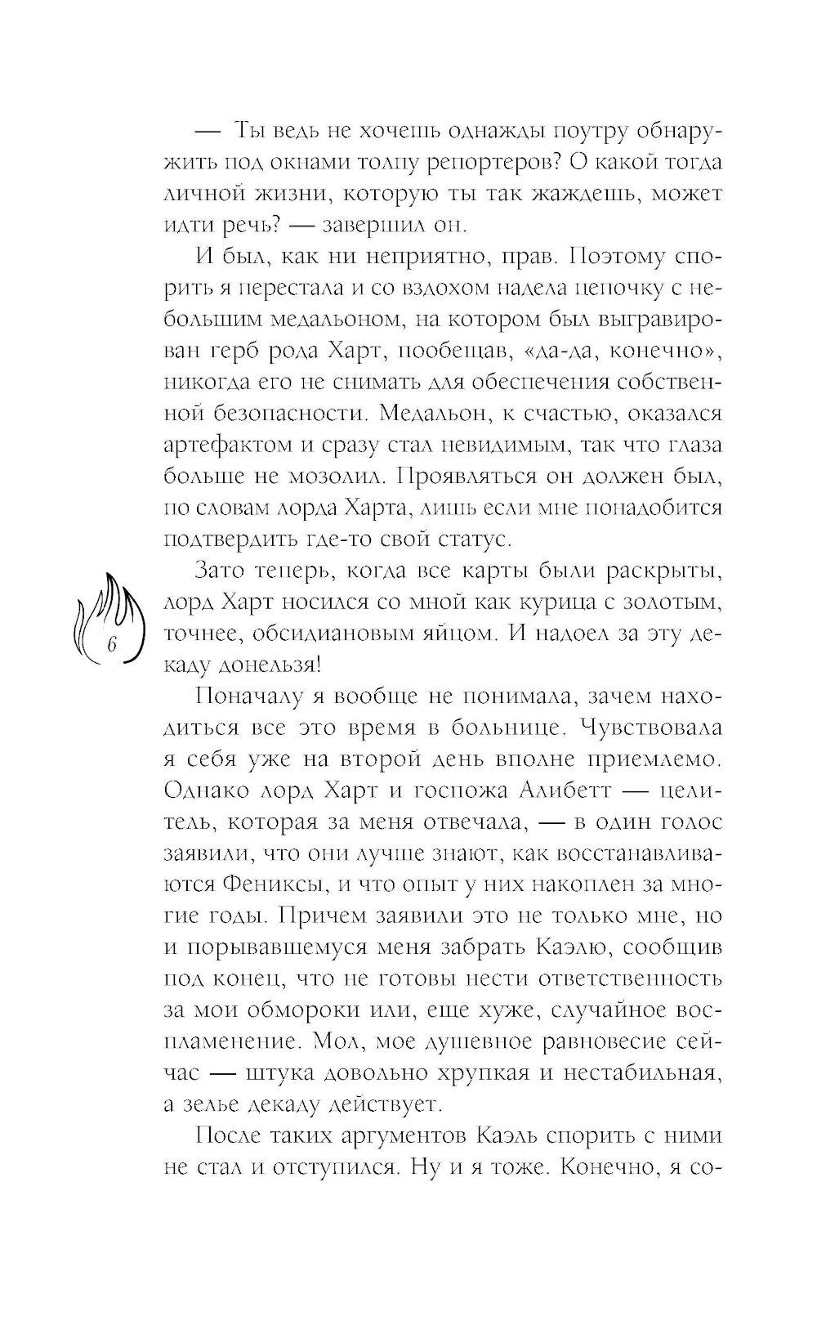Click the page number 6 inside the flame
coord(112,644)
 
